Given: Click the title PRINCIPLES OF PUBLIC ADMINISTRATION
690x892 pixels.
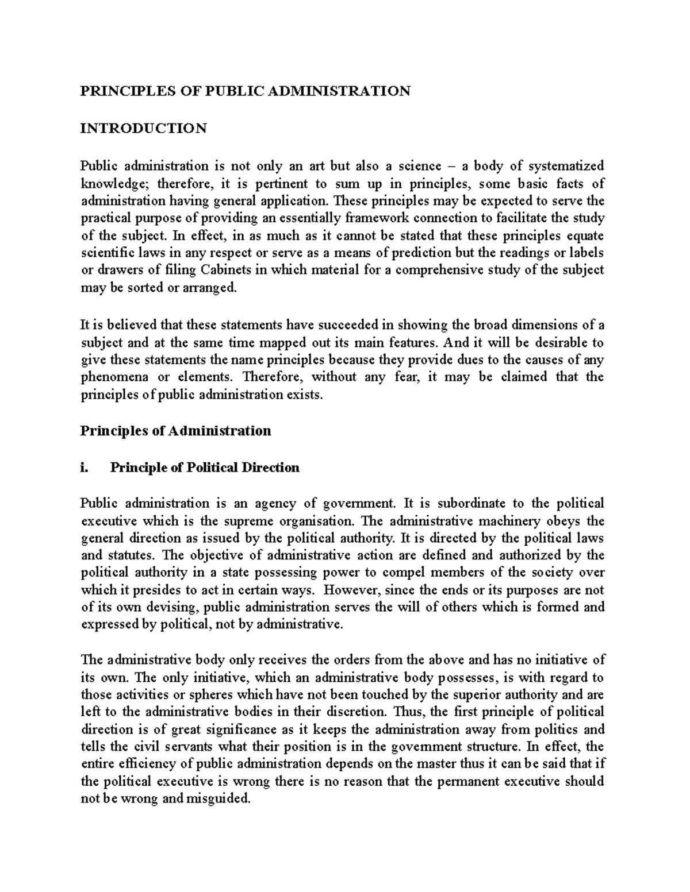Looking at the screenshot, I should (x=245, y=91).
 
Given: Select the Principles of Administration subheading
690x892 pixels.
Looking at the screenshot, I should (x=175, y=431).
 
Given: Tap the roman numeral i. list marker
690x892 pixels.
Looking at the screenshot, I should (x=86, y=468).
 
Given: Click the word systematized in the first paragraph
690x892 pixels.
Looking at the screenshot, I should (x=566, y=166).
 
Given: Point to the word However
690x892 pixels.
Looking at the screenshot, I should (x=351, y=590).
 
